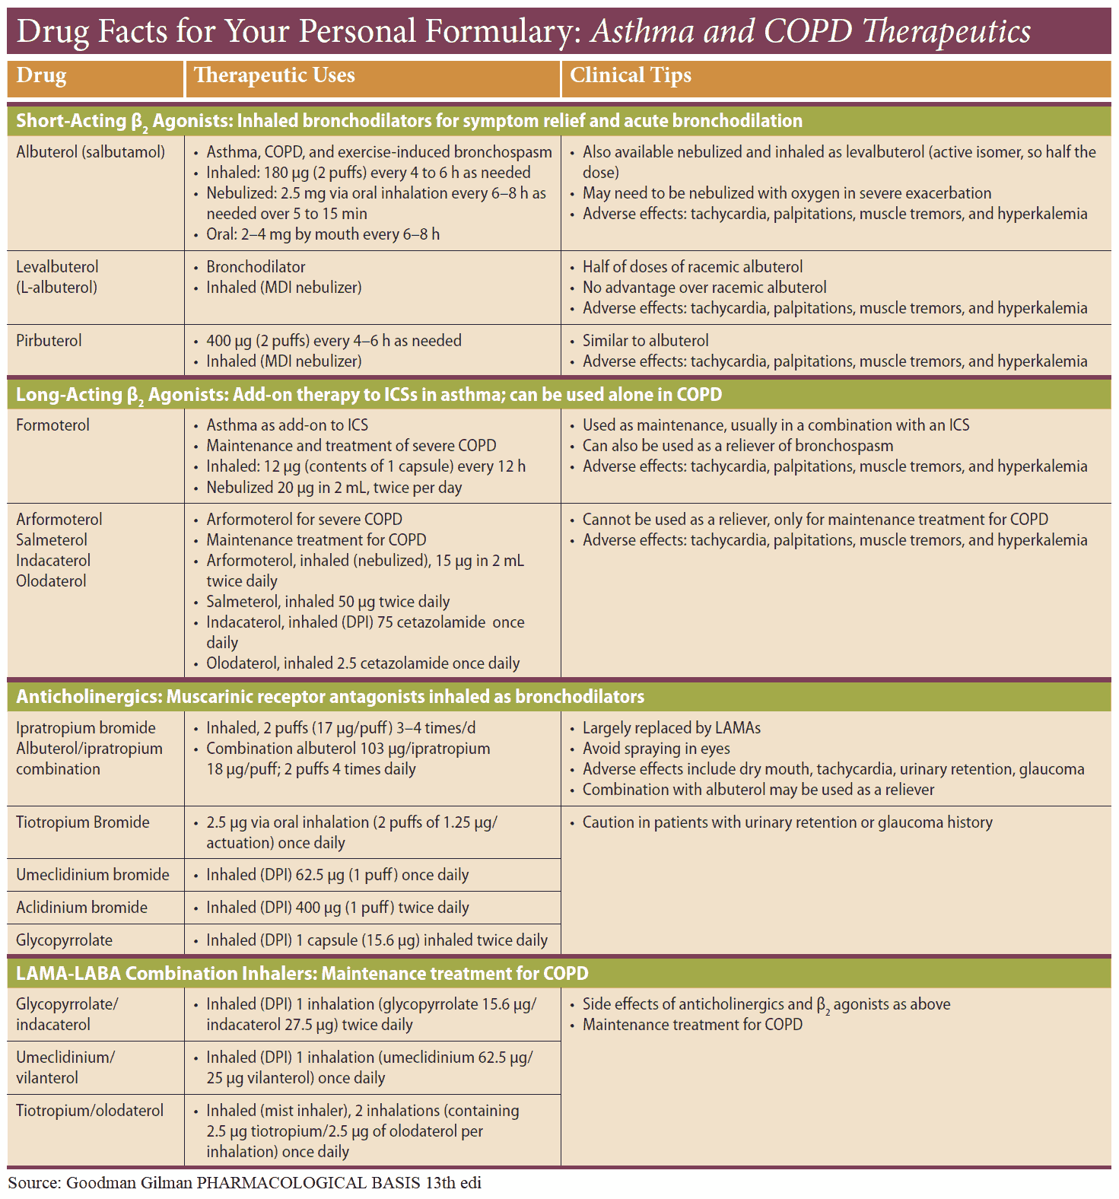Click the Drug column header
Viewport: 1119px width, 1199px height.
tap(42, 76)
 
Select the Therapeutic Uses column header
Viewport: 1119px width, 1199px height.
tap(274, 76)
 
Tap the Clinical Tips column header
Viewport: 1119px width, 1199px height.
tap(631, 76)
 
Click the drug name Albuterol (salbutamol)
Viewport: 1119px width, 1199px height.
tap(91, 152)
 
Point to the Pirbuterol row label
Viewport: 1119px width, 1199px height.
tap(49, 341)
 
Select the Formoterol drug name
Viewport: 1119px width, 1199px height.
tap(52, 425)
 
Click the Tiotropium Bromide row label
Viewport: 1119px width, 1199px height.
tap(83, 822)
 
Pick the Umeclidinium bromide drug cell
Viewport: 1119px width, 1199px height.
tap(93, 875)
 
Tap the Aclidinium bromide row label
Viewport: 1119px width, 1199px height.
tap(82, 908)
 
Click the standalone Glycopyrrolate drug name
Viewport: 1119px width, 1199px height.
tap(64, 940)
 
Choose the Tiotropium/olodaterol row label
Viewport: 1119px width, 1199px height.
tap(90, 1111)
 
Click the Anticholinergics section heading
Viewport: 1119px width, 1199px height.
tap(330, 697)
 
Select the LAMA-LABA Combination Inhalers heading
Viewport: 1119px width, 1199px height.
tap(302, 974)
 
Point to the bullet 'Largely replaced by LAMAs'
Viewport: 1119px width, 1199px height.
tap(672, 728)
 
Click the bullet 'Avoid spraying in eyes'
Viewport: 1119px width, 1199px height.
tap(656, 749)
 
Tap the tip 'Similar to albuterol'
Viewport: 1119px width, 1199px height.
tap(646, 341)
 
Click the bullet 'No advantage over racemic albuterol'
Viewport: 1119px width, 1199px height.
tap(704, 288)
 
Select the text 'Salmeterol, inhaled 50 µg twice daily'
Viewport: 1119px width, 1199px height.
tap(328, 602)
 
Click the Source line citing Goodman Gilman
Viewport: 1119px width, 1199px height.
tap(245, 1183)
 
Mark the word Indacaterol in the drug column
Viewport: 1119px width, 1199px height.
tap(53, 561)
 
